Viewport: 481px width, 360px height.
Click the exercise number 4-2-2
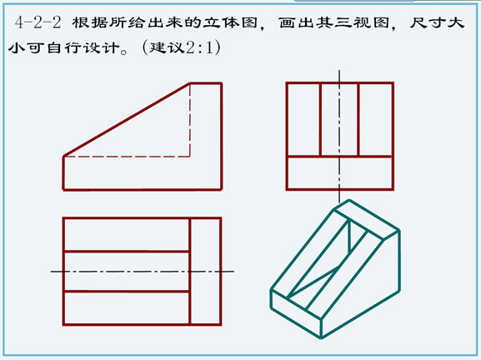click(38, 22)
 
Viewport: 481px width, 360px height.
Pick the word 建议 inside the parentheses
click(167, 47)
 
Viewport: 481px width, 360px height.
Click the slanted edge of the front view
click(127, 119)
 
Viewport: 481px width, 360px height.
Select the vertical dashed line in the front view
click(190, 120)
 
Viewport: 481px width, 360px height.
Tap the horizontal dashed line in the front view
click(127, 157)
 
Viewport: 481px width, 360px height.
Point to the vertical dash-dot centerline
click(339, 137)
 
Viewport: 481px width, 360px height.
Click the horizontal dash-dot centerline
click(143, 272)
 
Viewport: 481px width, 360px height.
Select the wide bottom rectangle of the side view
click(339, 173)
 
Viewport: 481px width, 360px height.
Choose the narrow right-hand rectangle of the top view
click(206, 272)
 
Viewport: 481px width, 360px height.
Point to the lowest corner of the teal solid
click(321, 338)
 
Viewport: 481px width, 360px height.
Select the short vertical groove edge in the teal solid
click(349, 236)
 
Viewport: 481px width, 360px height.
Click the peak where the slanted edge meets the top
click(190, 82)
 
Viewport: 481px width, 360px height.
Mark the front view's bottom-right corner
click(221, 190)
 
